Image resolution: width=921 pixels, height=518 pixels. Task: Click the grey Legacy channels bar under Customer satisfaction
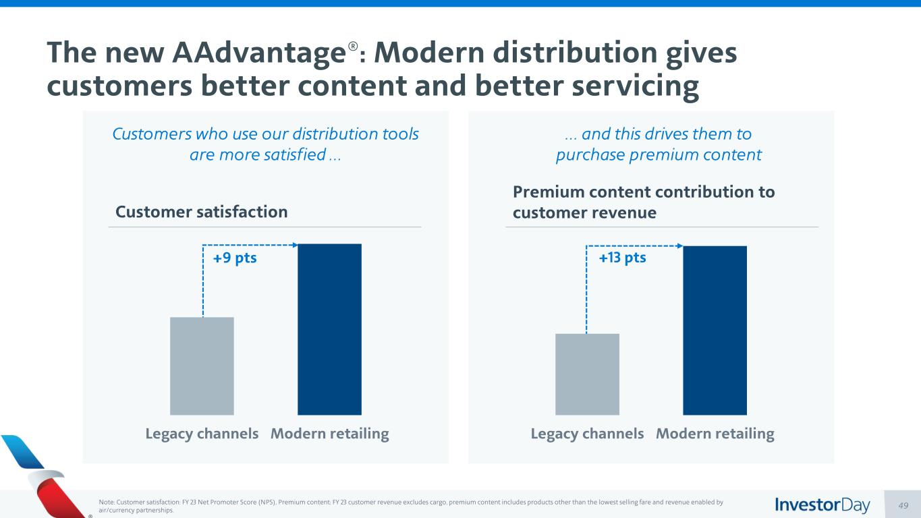point(202,366)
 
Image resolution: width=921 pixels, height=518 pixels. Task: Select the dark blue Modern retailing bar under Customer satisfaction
point(329,329)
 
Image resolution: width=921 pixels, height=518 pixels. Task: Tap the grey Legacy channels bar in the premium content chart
point(587,374)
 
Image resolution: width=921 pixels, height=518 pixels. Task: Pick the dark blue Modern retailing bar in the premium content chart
point(715,330)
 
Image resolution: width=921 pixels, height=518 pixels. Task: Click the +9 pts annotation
point(235,258)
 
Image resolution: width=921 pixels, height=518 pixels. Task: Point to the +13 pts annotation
point(622,258)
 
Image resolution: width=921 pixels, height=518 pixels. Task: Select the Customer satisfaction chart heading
point(202,212)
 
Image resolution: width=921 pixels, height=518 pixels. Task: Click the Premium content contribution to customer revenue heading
point(644,202)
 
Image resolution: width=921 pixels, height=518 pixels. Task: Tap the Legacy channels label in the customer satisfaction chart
point(202,434)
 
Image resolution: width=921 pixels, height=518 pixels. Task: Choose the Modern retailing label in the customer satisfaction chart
point(330,434)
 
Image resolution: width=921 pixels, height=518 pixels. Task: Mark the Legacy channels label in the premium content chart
point(587,434)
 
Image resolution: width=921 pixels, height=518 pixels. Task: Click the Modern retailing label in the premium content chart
point(715,434)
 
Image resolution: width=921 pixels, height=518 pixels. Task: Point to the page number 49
point(903,505)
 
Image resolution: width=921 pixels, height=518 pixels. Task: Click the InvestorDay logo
point(822,505)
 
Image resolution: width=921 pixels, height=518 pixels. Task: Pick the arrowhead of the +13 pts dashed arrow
point(679,246)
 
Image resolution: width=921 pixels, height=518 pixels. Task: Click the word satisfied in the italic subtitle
point(295,155)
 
